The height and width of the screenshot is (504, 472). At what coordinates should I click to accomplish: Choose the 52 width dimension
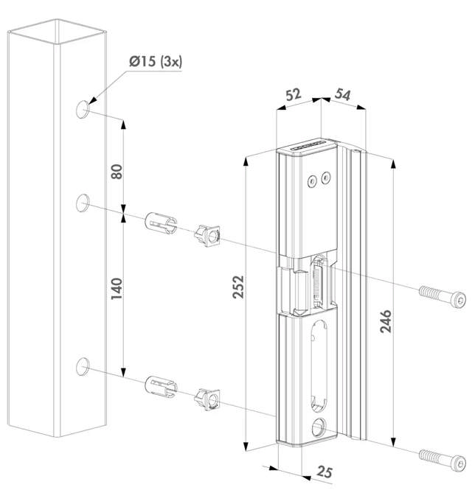point(293,95)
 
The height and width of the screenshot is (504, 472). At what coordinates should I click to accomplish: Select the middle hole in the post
point(83,201)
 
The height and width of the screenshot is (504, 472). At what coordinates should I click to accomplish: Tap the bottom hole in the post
point(83,365)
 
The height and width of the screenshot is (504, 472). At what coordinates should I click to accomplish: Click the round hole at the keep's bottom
point(320,425)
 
